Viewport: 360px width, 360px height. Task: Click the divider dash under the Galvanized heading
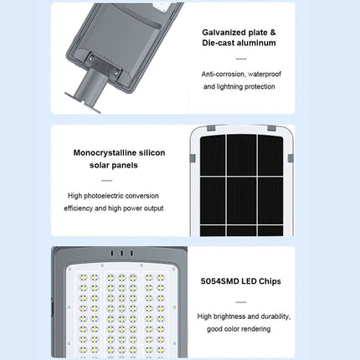(x=240, y=59)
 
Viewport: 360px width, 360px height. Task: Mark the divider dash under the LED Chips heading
(x=240, y=299)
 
